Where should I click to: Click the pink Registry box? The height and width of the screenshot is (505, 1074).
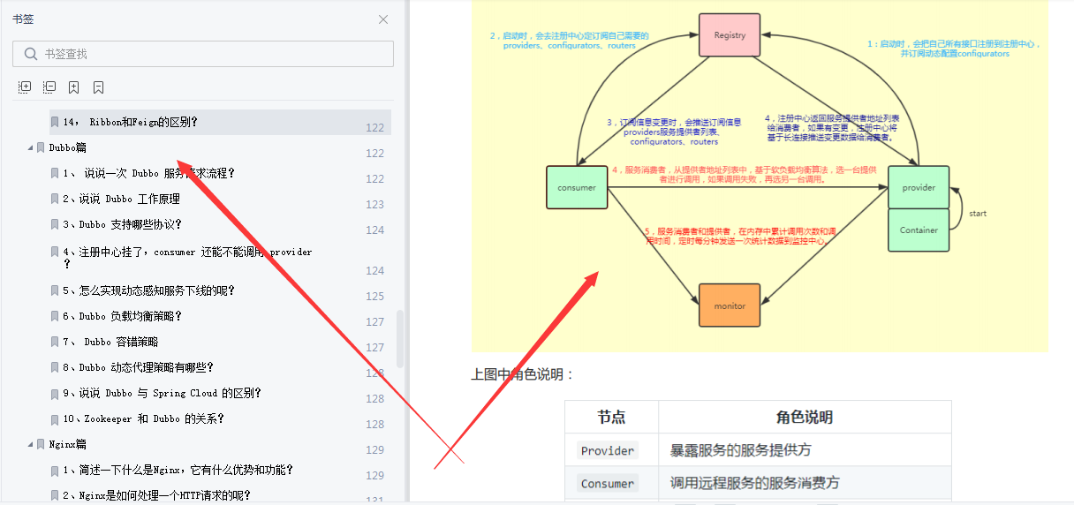point(730,35)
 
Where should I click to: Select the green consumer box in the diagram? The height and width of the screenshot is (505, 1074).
point(577,187)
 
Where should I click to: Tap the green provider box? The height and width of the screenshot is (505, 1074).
point(919,187)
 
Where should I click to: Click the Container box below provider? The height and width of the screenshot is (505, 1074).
point(919,230)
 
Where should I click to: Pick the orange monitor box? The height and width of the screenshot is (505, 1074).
point(730,305)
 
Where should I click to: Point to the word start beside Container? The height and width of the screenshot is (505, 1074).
point(978,214)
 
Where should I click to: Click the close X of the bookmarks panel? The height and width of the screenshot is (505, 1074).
point(383,19)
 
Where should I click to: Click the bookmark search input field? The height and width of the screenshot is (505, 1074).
point(212,54)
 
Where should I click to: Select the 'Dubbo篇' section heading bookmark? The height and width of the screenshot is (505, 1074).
point(68,147)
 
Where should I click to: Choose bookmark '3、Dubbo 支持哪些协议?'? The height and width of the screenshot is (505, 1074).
point(130,224)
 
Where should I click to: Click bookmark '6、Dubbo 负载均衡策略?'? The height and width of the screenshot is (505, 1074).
point(130,316)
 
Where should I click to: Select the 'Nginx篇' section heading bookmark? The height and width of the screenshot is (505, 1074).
point(68,444)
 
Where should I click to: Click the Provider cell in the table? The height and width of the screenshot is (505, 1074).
point(608,450)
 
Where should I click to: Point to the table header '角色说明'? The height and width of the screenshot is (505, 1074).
point(804,417)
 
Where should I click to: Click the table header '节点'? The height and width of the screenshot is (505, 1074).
point(611,417)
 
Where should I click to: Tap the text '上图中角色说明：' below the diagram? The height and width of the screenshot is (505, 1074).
point(523,374)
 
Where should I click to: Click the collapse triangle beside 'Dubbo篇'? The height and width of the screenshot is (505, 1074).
point(30,147)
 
